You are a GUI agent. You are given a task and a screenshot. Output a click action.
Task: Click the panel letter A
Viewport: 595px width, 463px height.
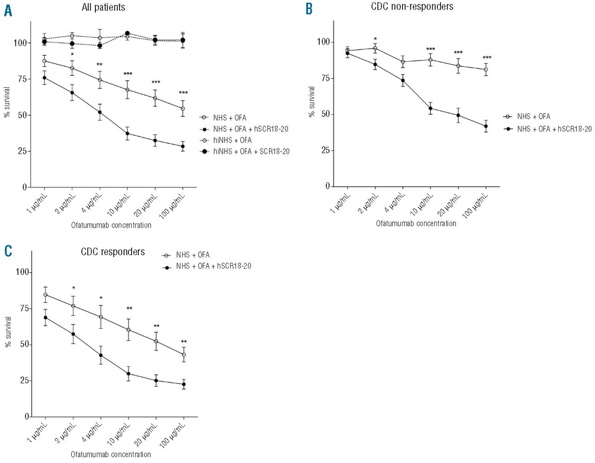(8, 10)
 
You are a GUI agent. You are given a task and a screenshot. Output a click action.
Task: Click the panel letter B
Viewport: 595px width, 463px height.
(309, 9)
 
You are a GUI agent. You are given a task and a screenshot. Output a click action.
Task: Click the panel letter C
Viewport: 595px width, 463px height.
(8, 251)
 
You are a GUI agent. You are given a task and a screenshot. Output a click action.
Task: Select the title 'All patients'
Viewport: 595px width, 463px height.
(103, 7)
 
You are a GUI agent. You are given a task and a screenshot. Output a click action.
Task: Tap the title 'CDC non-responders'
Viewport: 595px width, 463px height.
(412, 7)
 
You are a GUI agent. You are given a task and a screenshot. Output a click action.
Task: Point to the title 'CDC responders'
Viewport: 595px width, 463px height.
(113, 252)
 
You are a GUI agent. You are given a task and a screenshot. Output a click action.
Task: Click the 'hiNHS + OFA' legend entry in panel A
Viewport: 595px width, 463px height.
(232, 140)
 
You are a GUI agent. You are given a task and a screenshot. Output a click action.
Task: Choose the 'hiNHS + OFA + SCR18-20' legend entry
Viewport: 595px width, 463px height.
(251, 151)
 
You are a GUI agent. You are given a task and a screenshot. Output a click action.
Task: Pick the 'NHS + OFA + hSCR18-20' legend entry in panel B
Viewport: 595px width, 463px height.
(554, 129)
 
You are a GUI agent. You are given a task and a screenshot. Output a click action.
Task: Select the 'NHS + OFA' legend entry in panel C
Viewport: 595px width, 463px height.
(192, 255)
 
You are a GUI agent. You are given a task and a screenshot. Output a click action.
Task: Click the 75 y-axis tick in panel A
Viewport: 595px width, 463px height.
(22, 79)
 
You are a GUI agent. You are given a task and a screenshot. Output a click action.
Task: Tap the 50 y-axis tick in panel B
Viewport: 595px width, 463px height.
(325, 114)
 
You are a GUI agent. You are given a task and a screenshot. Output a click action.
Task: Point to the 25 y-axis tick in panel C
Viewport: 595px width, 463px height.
(24, 381)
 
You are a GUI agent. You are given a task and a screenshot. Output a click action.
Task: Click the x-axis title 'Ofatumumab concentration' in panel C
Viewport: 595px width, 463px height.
(111, 454)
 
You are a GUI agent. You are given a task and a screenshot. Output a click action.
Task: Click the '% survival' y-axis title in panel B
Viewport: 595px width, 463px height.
(311, 101)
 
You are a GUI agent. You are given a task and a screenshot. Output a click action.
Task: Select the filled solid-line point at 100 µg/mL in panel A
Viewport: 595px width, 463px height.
(183, 146)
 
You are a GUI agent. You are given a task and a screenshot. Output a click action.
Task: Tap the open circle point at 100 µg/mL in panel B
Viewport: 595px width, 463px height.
(486, 70)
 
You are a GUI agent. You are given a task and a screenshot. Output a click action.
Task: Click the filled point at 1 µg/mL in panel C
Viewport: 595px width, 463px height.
(46, 317)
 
